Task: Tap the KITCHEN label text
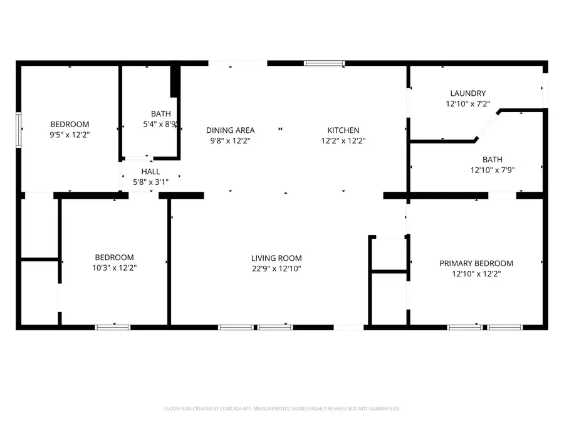coord(343,130)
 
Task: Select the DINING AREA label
coord(230,130)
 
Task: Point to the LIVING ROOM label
coord(276,258)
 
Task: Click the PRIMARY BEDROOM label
coord(476,263)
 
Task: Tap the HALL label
coord(150,171)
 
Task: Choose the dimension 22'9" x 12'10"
coord(276,268)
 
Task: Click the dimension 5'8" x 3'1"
coord(150,181)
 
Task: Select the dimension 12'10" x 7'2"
coord(467,104)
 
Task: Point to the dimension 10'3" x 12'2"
coord(114,268)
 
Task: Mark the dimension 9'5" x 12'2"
coord(70,135)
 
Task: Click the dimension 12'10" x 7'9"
coord(492,170)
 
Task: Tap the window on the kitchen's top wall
coord(324,63)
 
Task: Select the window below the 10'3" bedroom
coord(113,326)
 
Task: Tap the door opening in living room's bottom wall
coord(348,326)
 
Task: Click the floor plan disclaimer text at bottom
coord(281,408)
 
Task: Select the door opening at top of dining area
coord(238,63)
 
